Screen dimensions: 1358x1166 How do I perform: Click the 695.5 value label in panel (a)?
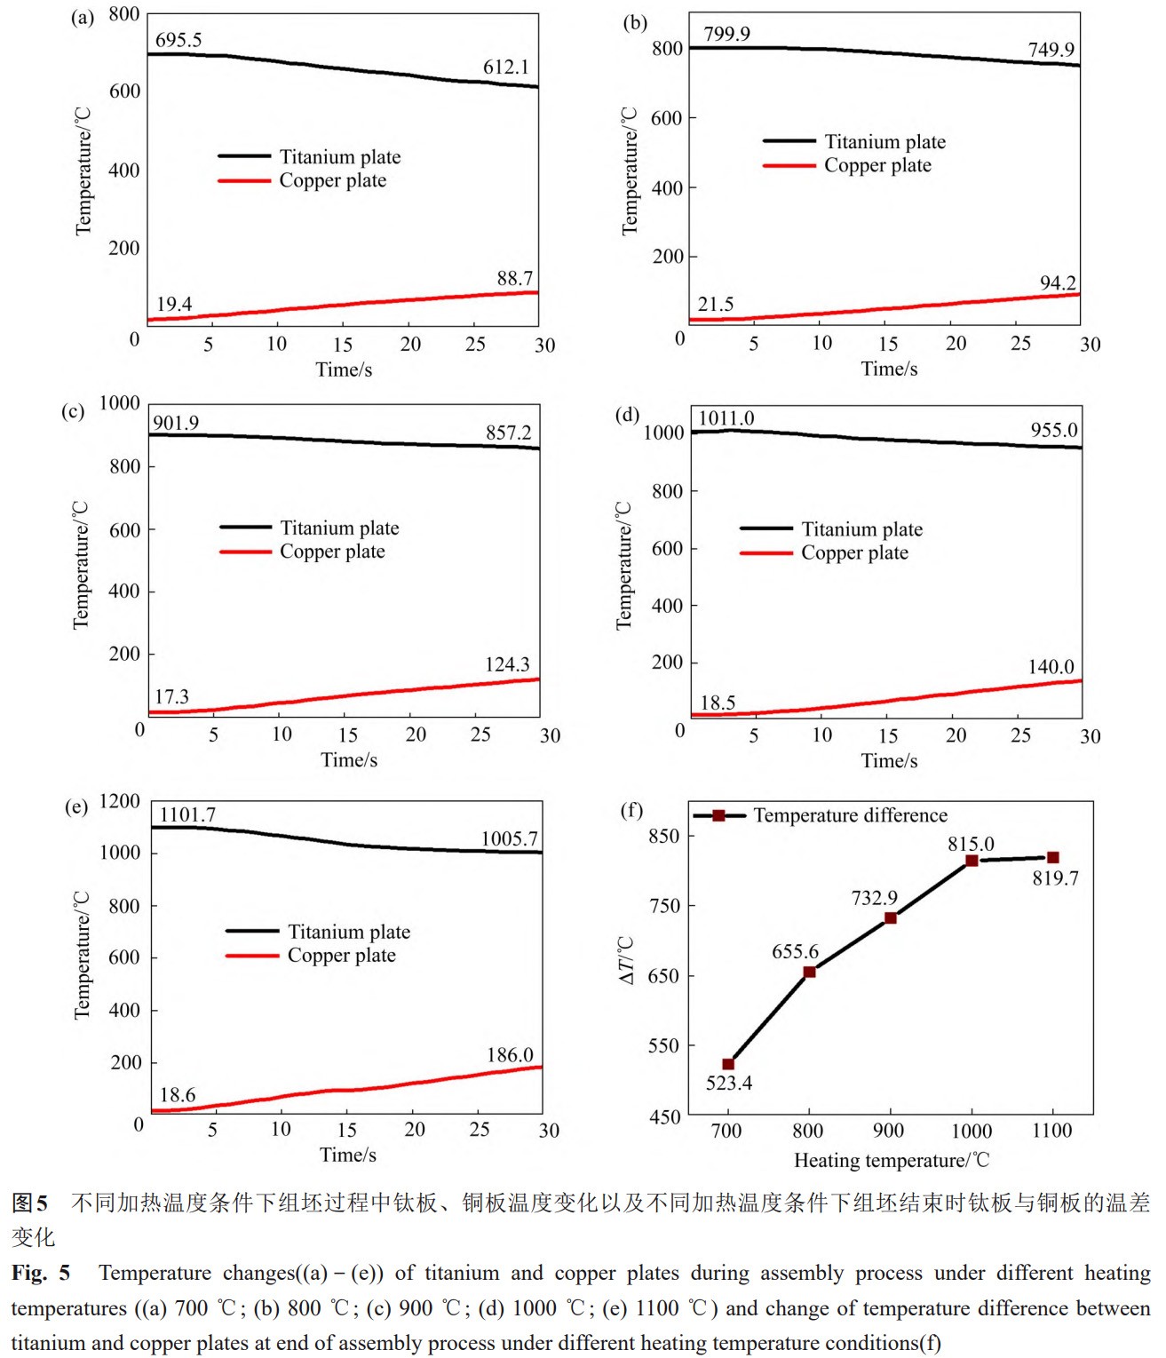click(x=178, y=40)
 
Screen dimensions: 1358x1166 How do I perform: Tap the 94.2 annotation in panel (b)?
click(x=1058, y=283)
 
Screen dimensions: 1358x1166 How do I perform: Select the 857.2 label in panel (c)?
click(x=508, y=433)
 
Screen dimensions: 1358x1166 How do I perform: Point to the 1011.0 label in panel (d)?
click(x=726, y=418)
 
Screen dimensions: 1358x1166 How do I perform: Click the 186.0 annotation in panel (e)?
click(x=510, y=1055)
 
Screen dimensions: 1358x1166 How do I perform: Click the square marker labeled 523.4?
click(x=728, y=1064)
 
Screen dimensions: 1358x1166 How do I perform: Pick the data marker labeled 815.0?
click(x=972, y=861)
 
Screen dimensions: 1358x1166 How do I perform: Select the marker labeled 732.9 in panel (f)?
click(x=890, y=917)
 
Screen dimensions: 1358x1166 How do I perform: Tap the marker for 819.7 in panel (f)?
click(x=1052, y=857)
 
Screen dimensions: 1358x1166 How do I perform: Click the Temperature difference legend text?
click(x=850, y=815)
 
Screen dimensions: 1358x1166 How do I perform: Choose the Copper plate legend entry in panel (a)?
click(x=332, y=180)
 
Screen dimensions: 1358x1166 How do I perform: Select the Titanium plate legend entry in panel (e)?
click(x=348, y=932)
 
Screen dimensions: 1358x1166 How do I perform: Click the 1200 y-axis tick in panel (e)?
click(x=119, y=801)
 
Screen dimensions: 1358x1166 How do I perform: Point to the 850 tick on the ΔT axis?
click(x=663, y=836)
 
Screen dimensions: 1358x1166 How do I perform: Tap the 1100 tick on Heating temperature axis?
click(x=1051, y=1131)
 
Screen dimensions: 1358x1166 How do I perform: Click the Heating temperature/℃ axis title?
click(x=891, y=1160)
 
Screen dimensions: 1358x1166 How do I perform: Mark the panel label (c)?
click(x=73, y=411)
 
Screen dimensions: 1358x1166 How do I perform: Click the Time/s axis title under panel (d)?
click(x=889, y=760)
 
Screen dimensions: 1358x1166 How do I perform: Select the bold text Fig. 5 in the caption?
click(x=41, y=1273)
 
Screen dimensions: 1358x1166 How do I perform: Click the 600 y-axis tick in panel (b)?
click(x=666, y=118)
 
